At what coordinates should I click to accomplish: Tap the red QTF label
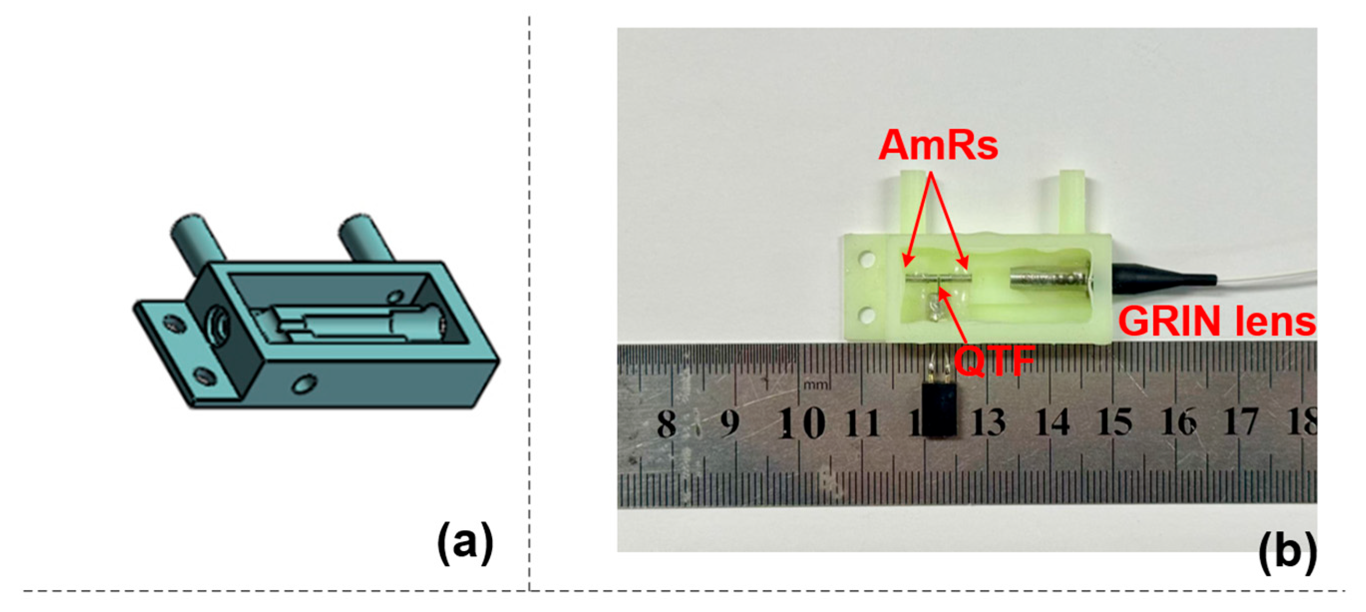pyautogui.click(x=994, y=361)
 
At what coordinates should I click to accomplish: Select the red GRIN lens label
pyautogui.click(x=1216, y=321)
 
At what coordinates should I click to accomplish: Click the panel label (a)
pyautogui.click(x=465, y=543)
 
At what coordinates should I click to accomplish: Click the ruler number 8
pyautogui.click(x=667, y=423)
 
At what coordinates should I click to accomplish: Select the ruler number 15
pyautogui.click(x=1115, y=422)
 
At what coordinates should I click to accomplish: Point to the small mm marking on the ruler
pyautogui.click(x=817, y=384)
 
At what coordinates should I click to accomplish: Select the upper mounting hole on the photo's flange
pyautogui.click(x=867, y=260)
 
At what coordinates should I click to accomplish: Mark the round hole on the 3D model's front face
pyautogui.click(x=305, y=383)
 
